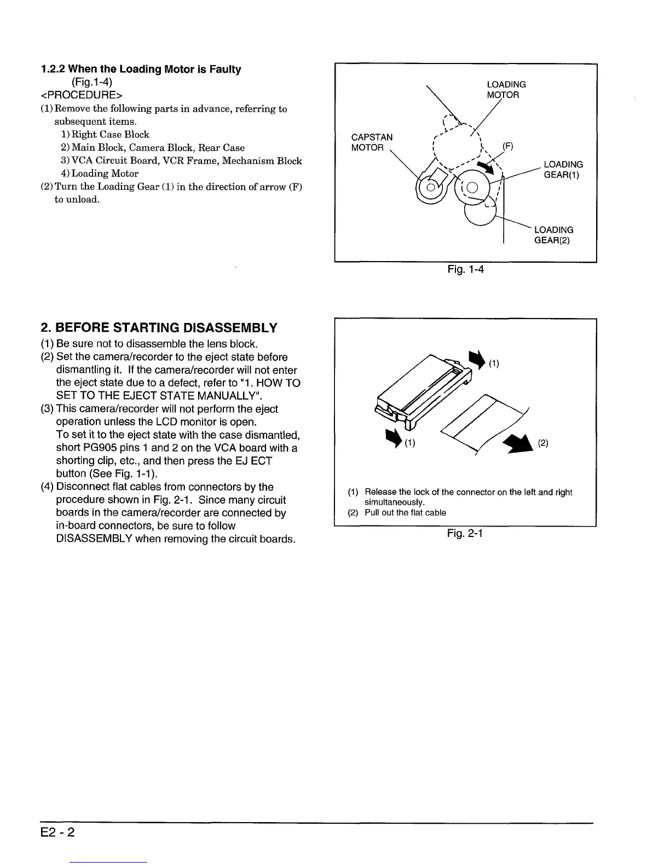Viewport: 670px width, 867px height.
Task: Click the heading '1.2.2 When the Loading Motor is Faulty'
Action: coord(141,70)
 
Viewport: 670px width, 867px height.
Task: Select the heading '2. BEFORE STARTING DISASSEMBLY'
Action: coord(159,328)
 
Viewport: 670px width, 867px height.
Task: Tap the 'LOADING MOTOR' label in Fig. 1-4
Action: coord(506,90)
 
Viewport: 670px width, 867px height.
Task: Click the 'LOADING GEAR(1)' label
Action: coord(563,170)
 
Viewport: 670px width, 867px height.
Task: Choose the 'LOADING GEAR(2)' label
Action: coord(553,235)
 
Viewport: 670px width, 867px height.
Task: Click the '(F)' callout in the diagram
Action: coord(507,147)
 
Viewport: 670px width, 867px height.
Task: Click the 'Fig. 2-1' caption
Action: coord(465,533)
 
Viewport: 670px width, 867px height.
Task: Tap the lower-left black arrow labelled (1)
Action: coord(394,438)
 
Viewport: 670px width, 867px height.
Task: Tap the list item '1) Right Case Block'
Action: coord(105,134)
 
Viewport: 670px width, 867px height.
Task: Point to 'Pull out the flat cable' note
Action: coord(405,513)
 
